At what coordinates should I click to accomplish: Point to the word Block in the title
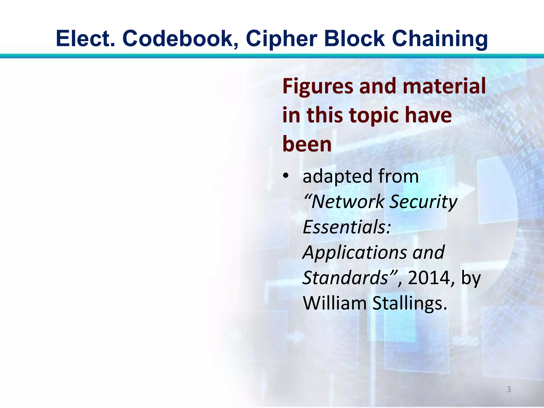point(354,39)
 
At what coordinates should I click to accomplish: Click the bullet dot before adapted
point(285,176)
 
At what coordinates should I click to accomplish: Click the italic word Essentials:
point(347,227)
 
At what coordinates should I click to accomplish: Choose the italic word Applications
point(355,253)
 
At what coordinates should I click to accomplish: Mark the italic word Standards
point(346,278)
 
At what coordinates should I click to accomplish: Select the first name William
point(335,303)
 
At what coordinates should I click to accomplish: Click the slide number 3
point(509,389)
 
